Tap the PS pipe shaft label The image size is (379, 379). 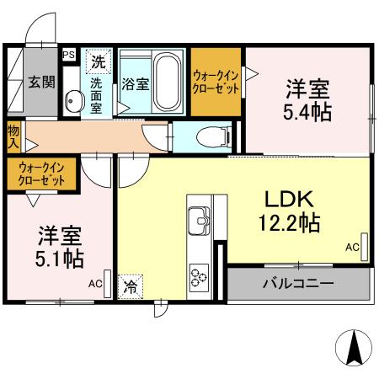tap(69, 55)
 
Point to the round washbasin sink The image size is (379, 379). tap(72, 104)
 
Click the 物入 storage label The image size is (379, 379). tap(14, 136)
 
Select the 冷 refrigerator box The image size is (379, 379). tap(131, 286)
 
